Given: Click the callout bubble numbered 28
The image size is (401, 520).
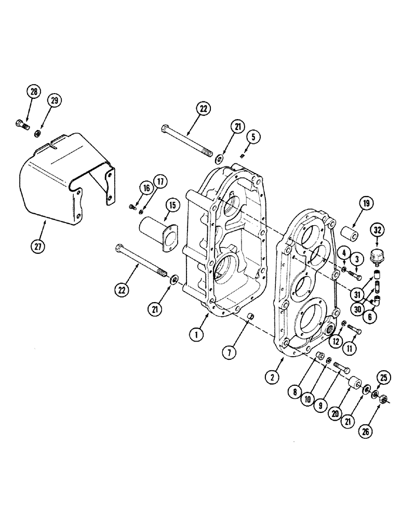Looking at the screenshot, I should coord(34,93).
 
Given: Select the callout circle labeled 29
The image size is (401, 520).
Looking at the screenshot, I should coord(55,100).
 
